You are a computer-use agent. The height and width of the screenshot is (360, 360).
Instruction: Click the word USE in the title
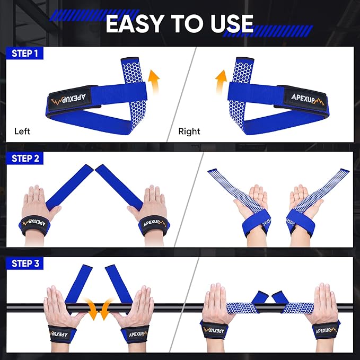[230, 23]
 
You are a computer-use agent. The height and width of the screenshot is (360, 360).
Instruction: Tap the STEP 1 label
[25, 53]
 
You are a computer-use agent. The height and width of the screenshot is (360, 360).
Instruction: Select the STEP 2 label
[25, 159]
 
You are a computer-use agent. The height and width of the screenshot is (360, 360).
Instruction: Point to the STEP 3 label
[25, 264]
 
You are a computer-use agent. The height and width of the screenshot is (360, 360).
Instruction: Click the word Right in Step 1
[189, 131]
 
